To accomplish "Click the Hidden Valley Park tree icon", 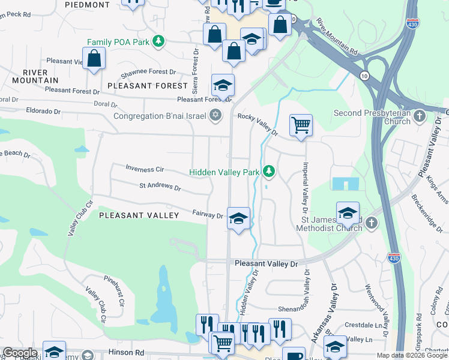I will (270, 172).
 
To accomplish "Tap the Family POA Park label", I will (118, 42).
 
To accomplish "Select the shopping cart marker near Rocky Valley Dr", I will (301, 126).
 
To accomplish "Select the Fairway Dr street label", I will (208, 214).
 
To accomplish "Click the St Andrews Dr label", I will (160, 187).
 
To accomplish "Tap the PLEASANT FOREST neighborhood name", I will (139, 86).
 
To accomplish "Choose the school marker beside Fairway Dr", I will (238, 219).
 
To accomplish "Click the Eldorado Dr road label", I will (43, 111).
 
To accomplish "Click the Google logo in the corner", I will (20, 353).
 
